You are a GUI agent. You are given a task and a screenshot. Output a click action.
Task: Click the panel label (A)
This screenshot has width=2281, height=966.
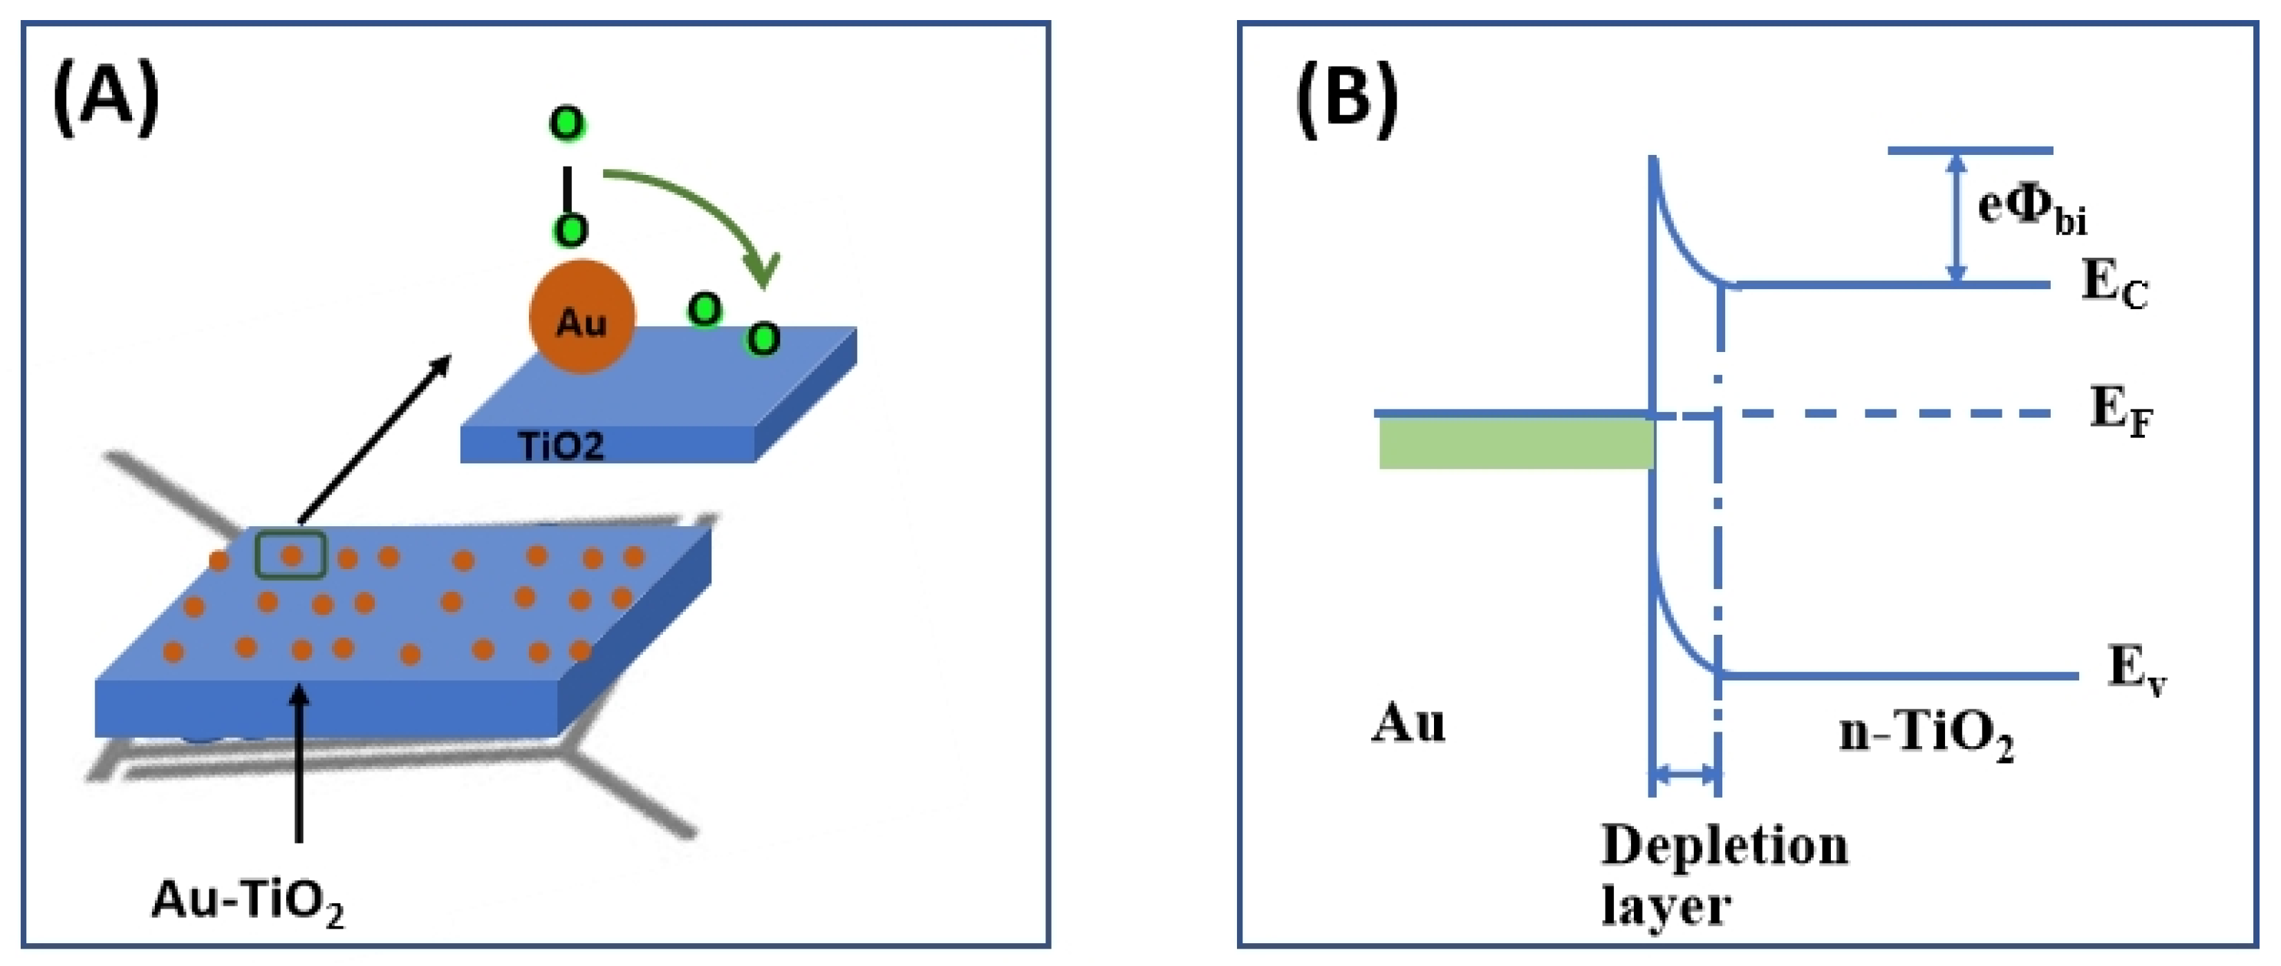click(x=106, y=99)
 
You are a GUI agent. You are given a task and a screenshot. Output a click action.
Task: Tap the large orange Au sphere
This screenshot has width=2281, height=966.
click(x=581, y=317)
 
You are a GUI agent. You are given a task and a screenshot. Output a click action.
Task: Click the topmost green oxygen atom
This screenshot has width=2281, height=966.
click(x=567, y=123)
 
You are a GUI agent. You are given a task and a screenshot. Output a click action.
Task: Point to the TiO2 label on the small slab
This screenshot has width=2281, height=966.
click(x=561, y=445)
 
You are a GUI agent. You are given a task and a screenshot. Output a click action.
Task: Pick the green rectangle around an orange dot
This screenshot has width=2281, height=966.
click(x=291, y=556)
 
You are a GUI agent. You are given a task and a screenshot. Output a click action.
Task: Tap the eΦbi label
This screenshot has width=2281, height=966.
click(x=2031, y=209)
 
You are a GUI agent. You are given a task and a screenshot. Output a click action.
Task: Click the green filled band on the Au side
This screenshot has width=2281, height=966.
click(x=1516, y=443)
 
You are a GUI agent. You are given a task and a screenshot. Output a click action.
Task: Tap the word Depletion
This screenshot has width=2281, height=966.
click(x=1724, y=845)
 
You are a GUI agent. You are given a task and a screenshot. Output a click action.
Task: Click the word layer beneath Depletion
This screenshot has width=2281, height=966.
click(x=1666, y=906)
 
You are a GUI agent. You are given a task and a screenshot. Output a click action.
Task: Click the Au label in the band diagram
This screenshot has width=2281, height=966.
click(x=1408, y=723)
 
